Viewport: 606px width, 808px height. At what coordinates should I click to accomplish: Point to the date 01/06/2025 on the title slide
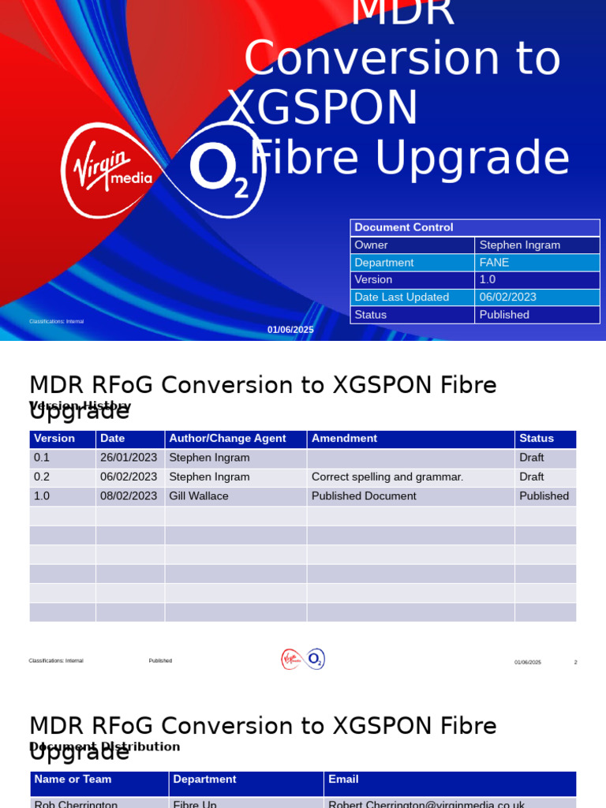pos(290,330)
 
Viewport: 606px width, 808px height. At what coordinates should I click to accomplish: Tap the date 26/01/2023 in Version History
pos(129,458)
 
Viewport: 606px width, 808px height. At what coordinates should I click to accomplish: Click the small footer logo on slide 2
pos(303,659)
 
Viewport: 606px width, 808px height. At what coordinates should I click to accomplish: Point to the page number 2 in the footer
pos(575,662)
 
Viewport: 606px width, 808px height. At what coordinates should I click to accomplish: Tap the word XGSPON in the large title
pos(323,108)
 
